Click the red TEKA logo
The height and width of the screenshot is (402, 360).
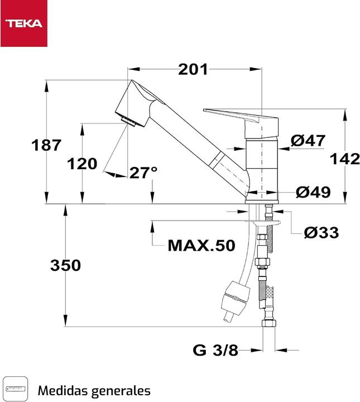24,23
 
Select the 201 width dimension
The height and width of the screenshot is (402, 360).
193,70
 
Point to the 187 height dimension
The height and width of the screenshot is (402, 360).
46,145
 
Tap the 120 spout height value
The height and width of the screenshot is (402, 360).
81,164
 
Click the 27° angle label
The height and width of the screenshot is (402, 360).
143,173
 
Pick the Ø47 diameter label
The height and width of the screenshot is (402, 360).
308,141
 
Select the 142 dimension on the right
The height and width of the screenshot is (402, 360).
344,159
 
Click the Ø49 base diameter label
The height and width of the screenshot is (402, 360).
313,192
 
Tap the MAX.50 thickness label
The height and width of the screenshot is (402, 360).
201,246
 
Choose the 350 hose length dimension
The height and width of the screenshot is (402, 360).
65,265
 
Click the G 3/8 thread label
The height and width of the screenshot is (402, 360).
215,351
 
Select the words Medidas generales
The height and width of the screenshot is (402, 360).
94,390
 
